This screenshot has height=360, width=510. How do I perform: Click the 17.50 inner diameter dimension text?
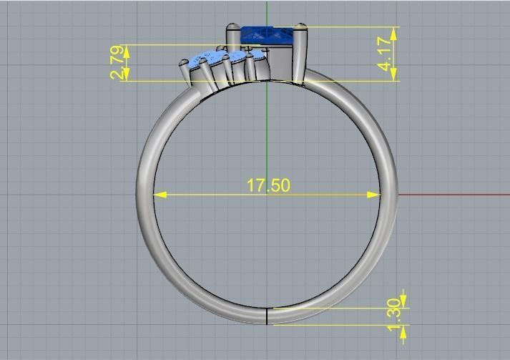(x=268, y=185)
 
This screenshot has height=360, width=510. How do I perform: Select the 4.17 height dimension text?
(x=386, y=54)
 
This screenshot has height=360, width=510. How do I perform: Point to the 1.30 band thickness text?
(x=394, y=316)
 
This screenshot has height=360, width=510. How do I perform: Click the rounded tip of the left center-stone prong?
(x=232, y=29)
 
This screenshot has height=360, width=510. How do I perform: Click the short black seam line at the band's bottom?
(x=267, y=316)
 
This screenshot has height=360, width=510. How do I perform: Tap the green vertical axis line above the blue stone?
(x=267, y=11)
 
